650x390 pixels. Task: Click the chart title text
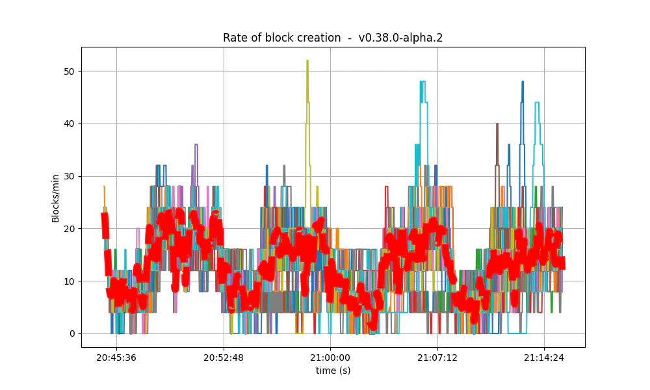click(x=333, y=38)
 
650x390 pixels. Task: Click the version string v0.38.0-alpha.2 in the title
click(x=400, y=38)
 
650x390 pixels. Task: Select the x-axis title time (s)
click(x=333, y=370)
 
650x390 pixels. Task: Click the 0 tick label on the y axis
click(x=72, y=334)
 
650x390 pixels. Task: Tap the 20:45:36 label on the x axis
click(x=116, y=357)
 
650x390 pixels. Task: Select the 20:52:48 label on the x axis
click(x=224, y=357)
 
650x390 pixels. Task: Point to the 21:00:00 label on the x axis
click(x=330, y=357)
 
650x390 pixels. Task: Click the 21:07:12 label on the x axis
click(x=437, y=357)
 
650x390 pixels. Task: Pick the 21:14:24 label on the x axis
click(x=544, y=357)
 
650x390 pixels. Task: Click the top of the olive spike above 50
click(x=307, y=61)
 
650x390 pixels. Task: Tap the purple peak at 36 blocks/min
click(x=196, y=145)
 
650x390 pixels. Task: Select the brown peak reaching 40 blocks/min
click(x=497, y=124)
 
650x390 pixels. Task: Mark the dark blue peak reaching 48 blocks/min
click(x=522, y=83)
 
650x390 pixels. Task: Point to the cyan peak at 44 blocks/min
click(x=537, y=103)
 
